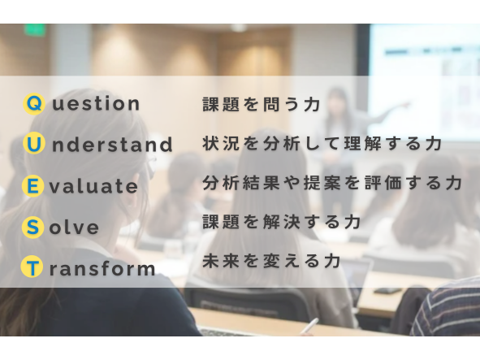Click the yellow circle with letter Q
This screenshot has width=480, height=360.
(34, 103)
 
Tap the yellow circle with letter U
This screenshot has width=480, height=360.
(34, 145)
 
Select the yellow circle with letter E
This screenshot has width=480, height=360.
(34, 186)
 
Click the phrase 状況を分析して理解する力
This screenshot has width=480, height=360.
(322, 144)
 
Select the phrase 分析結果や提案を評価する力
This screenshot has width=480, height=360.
(332, 183)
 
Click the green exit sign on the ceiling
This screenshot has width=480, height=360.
(35, 30)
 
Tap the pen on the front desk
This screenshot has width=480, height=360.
(309, 326)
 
